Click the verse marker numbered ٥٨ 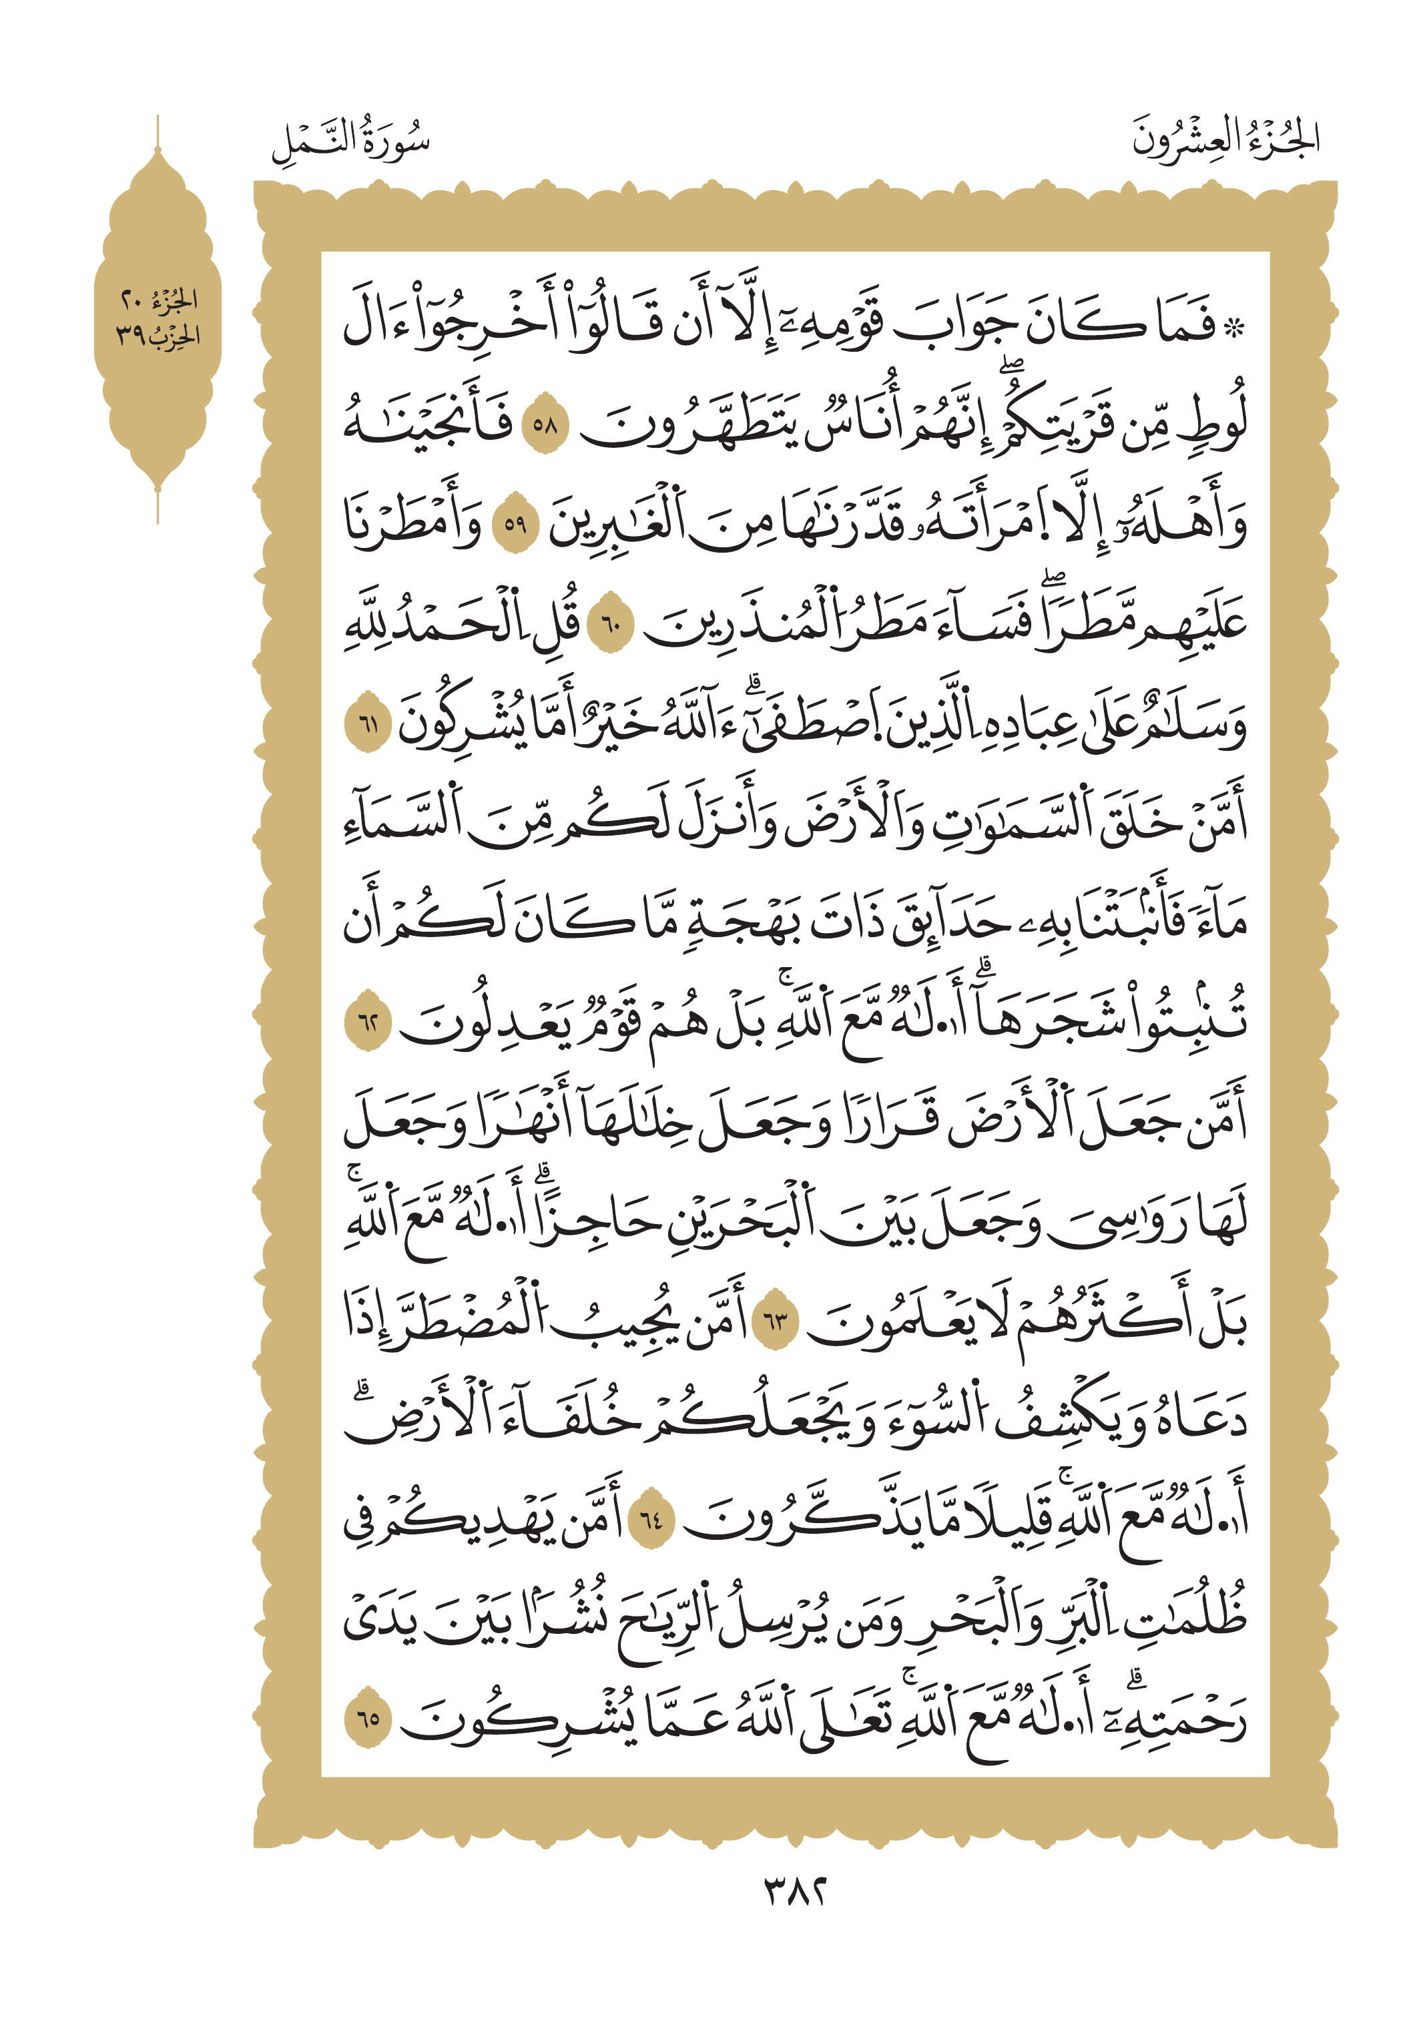(545, 425)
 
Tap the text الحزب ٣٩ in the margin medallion (158, 336)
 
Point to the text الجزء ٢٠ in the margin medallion (159, 301)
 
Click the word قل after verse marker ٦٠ (559, 623)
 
